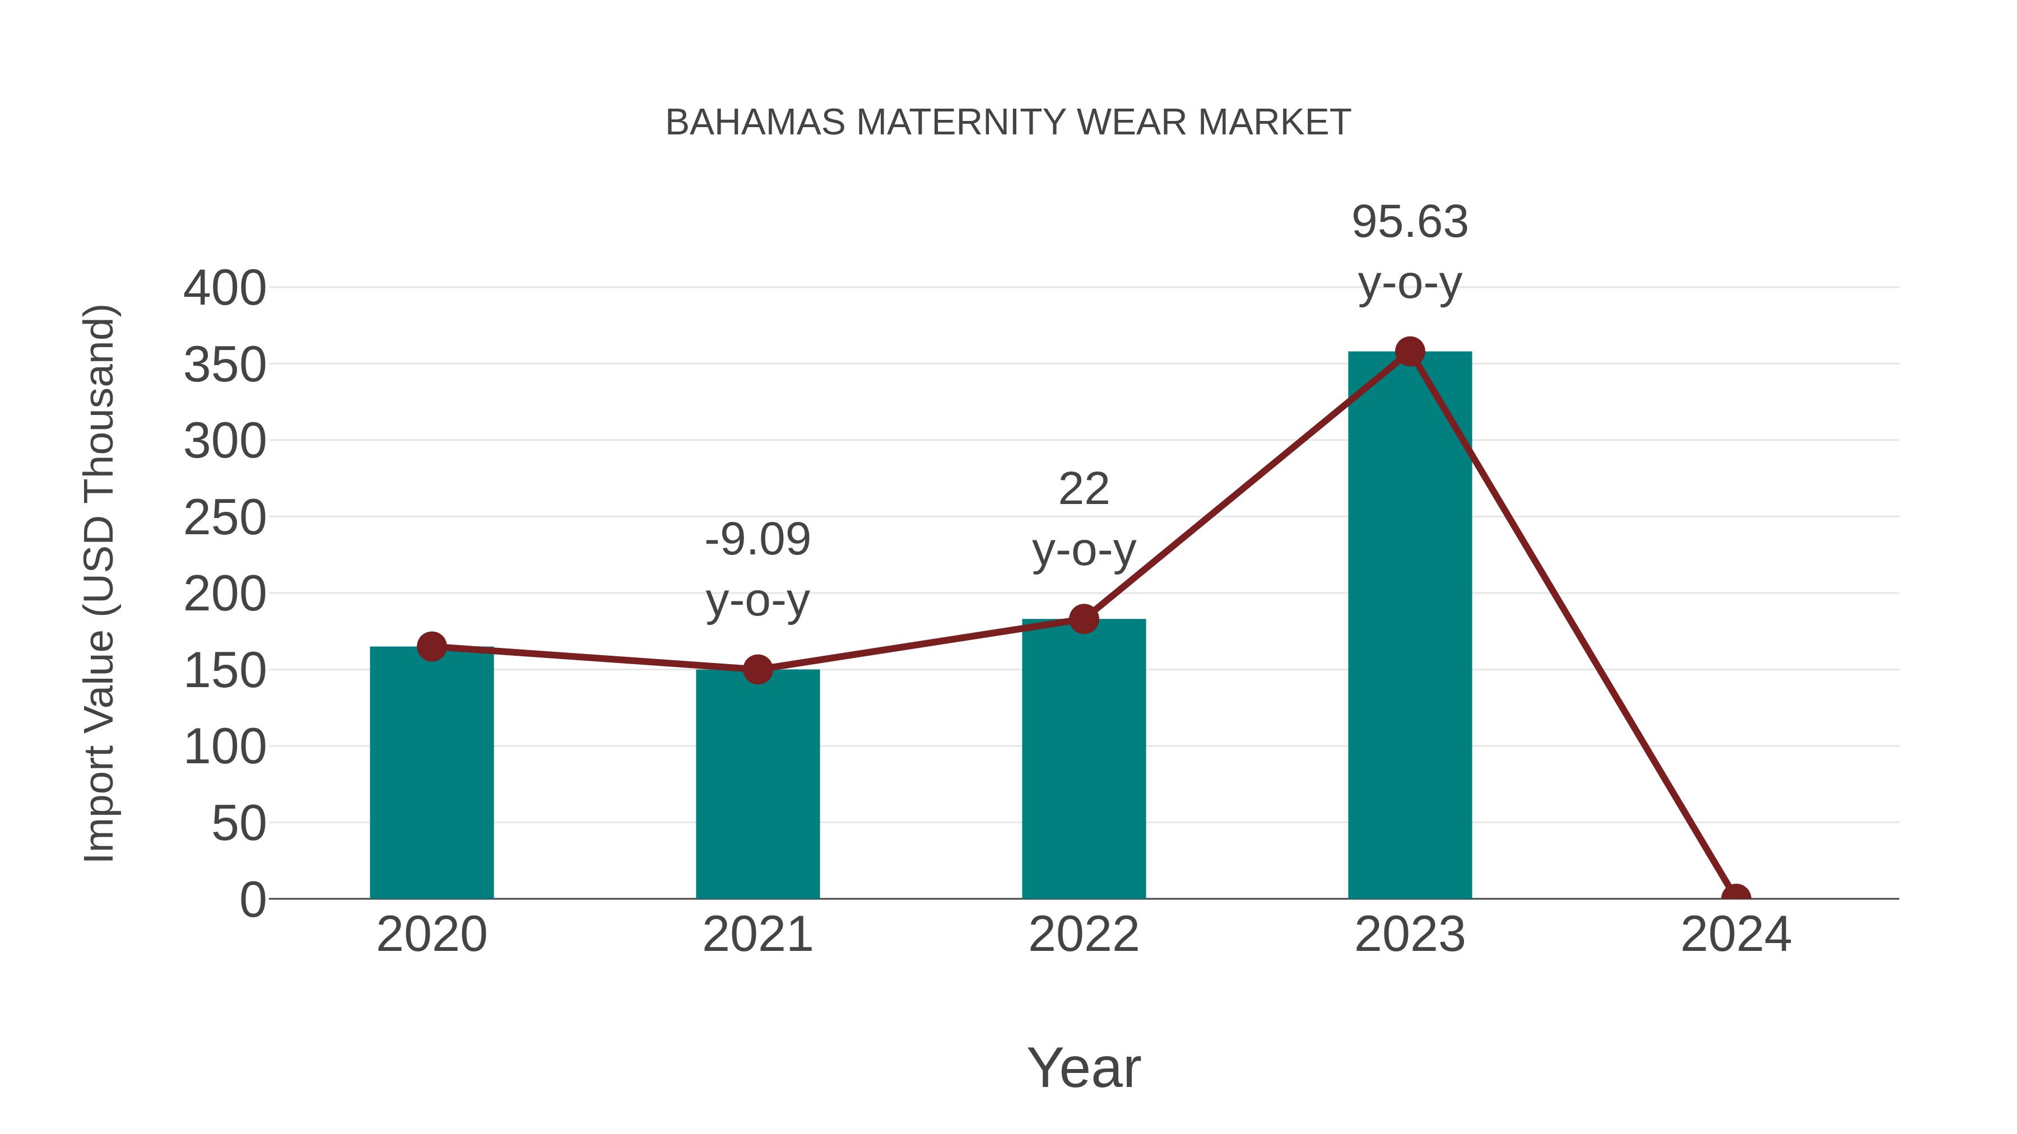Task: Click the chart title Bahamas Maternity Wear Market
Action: coord(1008,123)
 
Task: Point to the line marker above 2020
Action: coord(431,646)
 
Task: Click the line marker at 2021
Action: coord(757,669)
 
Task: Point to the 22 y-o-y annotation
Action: coord(1084,519)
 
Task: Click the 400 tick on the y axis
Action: coord(225,288)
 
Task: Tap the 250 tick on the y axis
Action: coord(225,518)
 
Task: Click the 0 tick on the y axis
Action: coord(253,899)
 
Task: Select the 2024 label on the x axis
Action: coord(1735,935)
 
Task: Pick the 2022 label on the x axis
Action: coord(1083,935)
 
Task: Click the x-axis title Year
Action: coord(1084,1067)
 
